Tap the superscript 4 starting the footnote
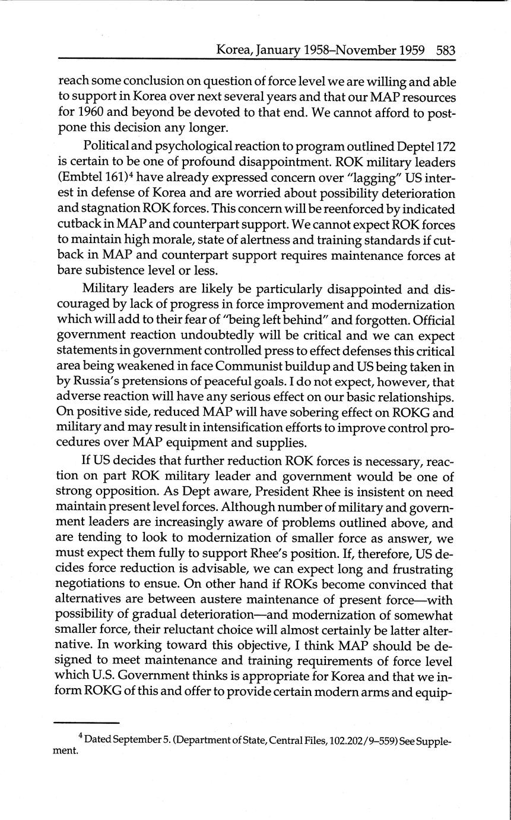pos(81,737)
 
